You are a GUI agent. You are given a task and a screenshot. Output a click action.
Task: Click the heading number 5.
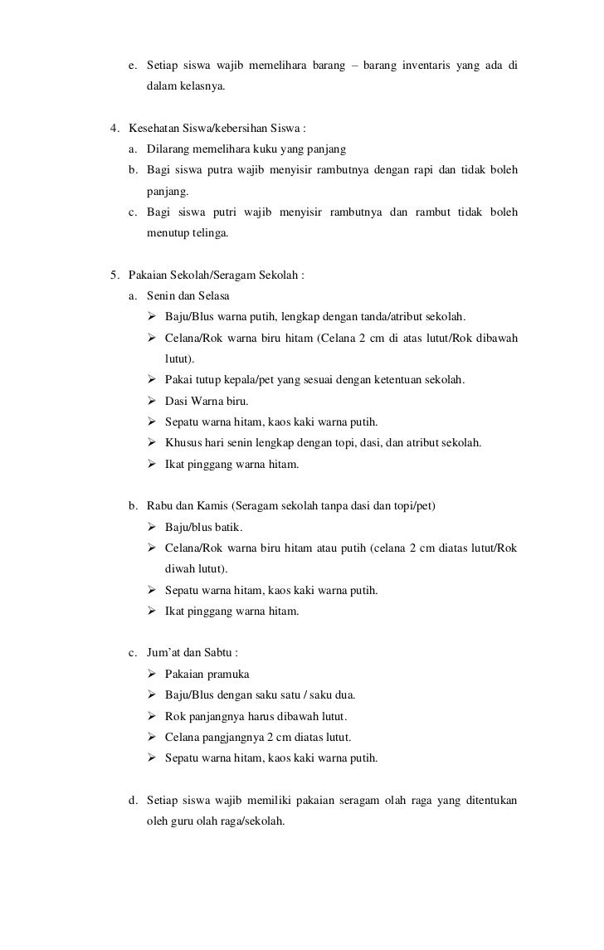point(114,275)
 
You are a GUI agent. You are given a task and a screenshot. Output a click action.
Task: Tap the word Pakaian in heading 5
point(149,275)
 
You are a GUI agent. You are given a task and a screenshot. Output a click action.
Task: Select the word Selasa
point(215,296)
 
